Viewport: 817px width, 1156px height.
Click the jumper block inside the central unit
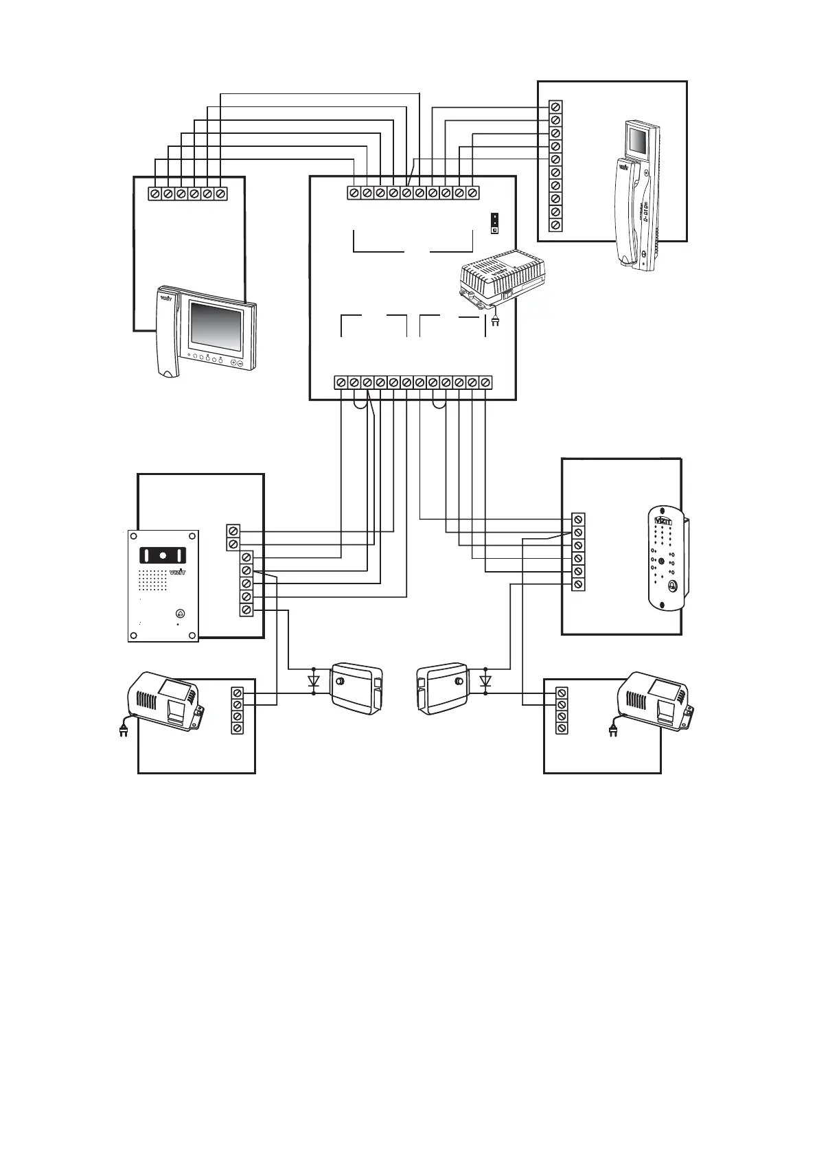(493, 224)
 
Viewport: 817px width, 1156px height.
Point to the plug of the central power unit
(495, 319)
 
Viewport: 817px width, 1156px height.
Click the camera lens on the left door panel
(163, 555)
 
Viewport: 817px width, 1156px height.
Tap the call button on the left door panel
(180, 614)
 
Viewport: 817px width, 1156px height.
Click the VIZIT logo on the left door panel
(178, 573)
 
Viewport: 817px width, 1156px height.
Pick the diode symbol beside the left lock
(314, 681)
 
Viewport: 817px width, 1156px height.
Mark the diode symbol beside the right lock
(486, 681)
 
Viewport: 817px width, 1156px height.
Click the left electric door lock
(356, 688)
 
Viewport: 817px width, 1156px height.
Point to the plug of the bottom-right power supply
(610, 730)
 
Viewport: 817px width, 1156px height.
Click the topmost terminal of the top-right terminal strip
(556, 107)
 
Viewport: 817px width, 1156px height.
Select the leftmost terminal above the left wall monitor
(155, 194)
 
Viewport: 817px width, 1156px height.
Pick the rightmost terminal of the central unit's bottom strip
(485, 382)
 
